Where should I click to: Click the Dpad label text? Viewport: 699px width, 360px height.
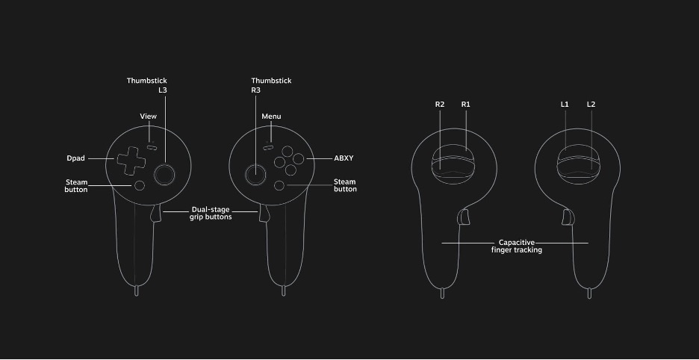tap(75, 158)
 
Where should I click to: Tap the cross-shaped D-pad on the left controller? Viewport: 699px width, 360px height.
tap(131, 161)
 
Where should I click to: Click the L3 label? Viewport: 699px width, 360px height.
tap(163, 90)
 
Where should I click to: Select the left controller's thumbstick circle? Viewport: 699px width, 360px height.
tap(164, 174)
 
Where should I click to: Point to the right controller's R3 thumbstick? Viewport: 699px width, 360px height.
tap(255, 174)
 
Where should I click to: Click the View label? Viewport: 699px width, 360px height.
tap(149, 117)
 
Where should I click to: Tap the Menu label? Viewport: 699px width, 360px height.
tap(272, 117)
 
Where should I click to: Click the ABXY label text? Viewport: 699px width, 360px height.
tap(344, 158)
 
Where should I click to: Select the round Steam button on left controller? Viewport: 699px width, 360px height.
tap(140, 185)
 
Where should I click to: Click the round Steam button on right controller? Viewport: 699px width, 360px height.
tap(279, 185)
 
